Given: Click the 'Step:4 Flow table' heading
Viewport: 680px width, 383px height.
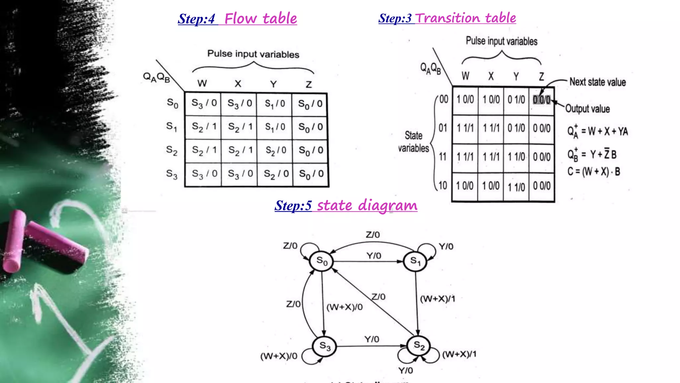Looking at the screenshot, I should [x=237, y=19].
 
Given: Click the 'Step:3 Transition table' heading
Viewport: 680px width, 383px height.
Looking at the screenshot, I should [x=447, y=18].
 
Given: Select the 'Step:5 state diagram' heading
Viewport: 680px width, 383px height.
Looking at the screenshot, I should [x=346, y=205].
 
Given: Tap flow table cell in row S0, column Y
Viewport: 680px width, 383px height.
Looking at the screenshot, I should [x=275, y=104].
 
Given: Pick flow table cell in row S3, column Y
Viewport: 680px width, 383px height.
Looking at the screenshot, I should [x=276, y=174].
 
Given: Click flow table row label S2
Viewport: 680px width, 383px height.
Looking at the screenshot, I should [x=172, y=150].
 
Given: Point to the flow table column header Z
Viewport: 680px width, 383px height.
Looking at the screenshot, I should [x=309, y=84].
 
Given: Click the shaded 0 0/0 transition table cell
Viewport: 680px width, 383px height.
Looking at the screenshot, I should [x=541, y=100].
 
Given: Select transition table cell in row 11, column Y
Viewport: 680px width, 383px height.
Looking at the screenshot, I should [x=516, y=157].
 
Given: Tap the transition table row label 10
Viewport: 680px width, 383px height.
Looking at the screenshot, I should [x=443, y=186].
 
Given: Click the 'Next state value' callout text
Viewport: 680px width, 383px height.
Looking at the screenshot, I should [x=597, y=82].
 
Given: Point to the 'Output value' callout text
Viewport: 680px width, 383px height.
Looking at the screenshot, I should [x=587, y=109].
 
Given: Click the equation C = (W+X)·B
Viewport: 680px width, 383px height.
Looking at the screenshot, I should [x=593, y=172].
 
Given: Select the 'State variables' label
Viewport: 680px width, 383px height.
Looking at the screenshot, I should [x=413, y=142].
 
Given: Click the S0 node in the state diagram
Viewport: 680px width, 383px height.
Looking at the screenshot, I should [x=321, y=261].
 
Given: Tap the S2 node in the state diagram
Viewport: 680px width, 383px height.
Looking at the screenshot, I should [x=418, y=346].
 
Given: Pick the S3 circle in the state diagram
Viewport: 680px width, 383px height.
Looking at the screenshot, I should [x=324, y=346].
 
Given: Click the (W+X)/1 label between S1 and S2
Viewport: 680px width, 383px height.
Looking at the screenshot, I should [x=437, y=299].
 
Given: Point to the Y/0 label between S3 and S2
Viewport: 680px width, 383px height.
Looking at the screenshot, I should [x=372, y=339].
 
